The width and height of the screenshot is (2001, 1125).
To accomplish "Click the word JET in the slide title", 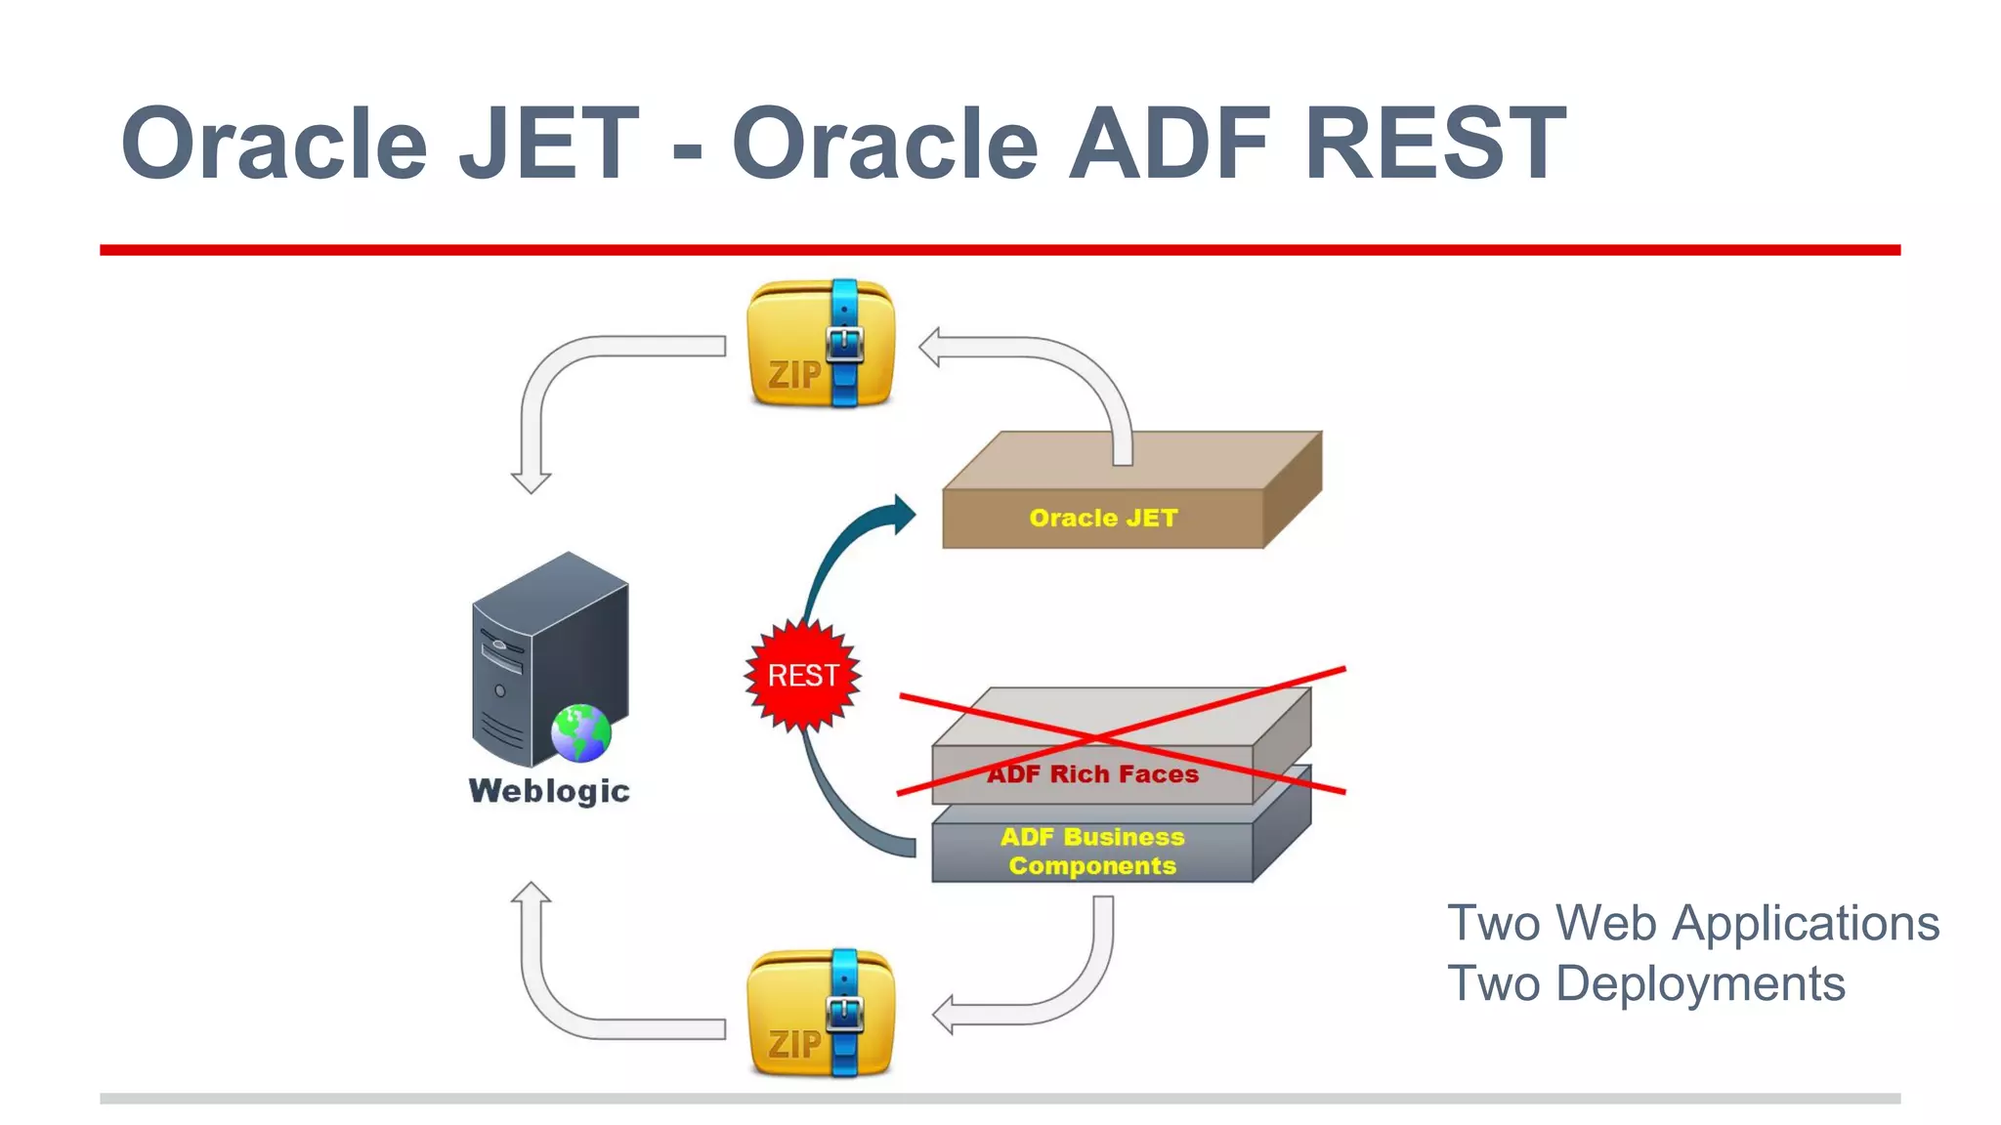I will click(549, 145).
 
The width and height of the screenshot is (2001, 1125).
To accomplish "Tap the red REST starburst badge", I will click(802, 675).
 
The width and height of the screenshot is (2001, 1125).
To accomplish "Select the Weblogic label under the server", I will click(549, 790).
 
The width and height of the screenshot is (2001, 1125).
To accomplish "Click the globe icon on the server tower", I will click(580, 732).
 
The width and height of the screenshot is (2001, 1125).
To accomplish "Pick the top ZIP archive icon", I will click(820, 344).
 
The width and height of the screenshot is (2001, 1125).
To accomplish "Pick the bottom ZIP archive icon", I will click(820, 1014).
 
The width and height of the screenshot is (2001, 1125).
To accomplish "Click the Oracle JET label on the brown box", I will click(1103, 518).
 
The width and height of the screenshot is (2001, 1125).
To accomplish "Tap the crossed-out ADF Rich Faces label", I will click(1092, 773).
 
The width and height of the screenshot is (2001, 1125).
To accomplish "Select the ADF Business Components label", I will click(1092, 851).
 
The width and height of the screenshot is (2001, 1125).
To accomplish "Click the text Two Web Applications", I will click(1692, 923).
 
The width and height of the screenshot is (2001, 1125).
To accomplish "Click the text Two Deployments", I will click(1645, 983).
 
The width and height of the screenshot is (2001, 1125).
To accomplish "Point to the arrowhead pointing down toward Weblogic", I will click(531, 481).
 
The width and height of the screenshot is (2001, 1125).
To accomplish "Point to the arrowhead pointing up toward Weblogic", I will click(531, 894).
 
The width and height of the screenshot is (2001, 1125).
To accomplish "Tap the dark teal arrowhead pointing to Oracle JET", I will click(903, 514).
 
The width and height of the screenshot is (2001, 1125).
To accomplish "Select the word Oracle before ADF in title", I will click(884, 145).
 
